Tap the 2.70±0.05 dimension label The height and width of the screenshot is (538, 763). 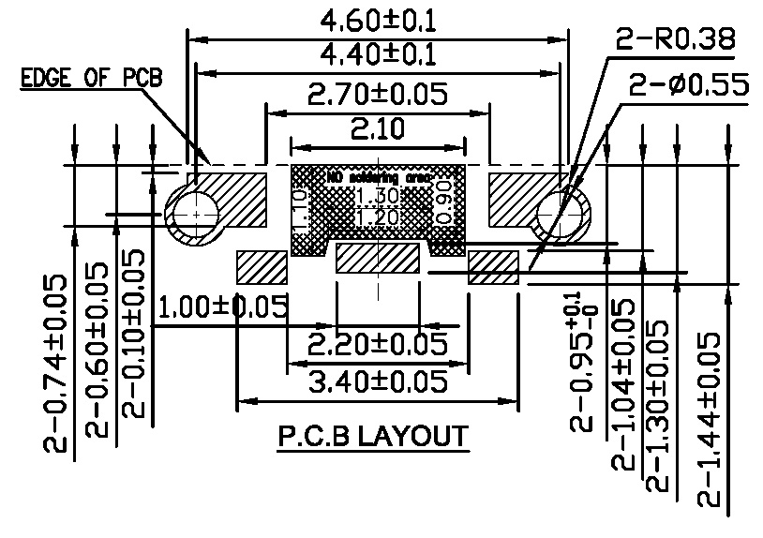pyautogui.click(x=378, y=94)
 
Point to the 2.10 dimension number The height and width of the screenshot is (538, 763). pyautogui.click(x=378, y=127)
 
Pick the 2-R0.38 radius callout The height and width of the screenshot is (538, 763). pyautogui.click(x=674, y=40)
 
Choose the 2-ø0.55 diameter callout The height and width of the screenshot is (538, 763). pyautogui.click(x=689, y=87)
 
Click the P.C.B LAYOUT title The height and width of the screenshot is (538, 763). pyautogui.click(x=372, y=437)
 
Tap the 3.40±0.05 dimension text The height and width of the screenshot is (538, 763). pyautogui.click(x=378, y=381)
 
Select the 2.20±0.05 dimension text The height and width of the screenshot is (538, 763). pyautogui.click(x=378, y=343)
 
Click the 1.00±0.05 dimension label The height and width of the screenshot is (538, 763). pyautogui.click(x=222, y=306)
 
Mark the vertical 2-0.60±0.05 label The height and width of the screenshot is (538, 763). pyautogui.click(x=100, y=351)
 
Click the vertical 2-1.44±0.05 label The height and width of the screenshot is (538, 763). pyautogui.click(x=710, y=419)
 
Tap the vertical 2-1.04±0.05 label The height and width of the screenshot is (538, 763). pyautogui.click(x=623, y=384)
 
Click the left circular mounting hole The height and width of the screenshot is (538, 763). pyautogui.click(x=192, y=214)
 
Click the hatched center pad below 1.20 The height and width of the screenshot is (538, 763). pyautogui.click(x=378, y=258)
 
